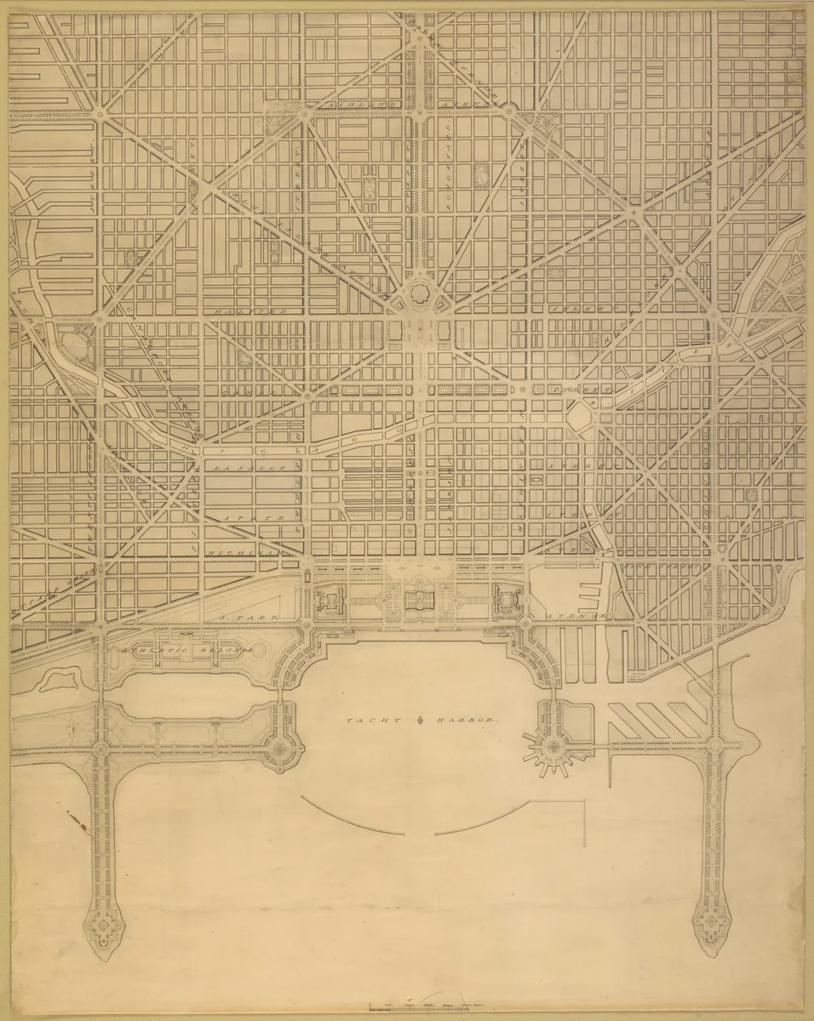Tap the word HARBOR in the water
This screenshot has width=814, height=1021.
click(x=470, y=721)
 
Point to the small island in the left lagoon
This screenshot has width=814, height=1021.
click(x=58, y=678)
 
